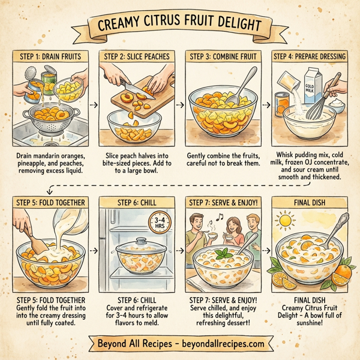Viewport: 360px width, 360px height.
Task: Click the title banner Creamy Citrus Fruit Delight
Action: point(180,26)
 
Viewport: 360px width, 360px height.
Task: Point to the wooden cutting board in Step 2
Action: point(149,99)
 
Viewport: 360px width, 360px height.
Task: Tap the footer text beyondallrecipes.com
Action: point(222,344)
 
